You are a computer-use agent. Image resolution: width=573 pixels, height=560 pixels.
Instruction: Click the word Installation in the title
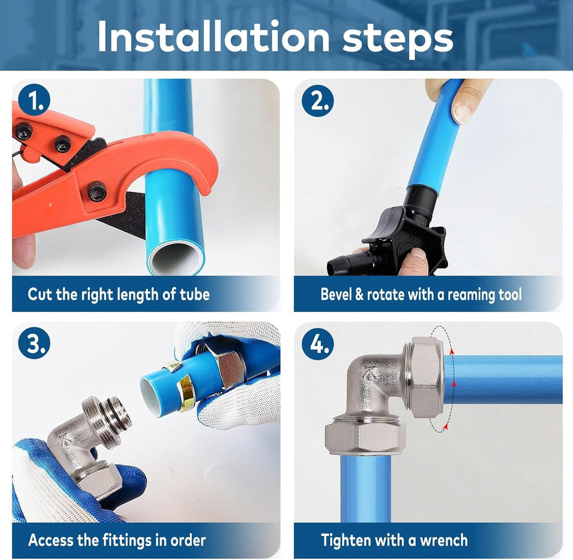pyautogui.click(x=213, y=37)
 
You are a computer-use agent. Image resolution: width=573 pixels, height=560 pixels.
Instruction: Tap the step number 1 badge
pyautogui.click(x=34, y=100)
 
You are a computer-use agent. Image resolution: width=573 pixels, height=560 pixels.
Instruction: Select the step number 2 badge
pyautogui.click(x=318, y=100)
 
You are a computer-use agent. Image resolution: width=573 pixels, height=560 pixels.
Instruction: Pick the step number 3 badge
pyautogui.click(x=34, y=343)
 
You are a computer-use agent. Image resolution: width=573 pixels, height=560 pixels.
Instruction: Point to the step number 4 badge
pyautogui.click(x=318, y=343)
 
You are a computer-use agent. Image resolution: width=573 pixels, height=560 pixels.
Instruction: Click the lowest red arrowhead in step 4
pyautogui.click(x=445, y=425)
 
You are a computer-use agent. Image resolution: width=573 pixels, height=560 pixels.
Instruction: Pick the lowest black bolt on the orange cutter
pyautogui.click(x=98, y=191)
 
